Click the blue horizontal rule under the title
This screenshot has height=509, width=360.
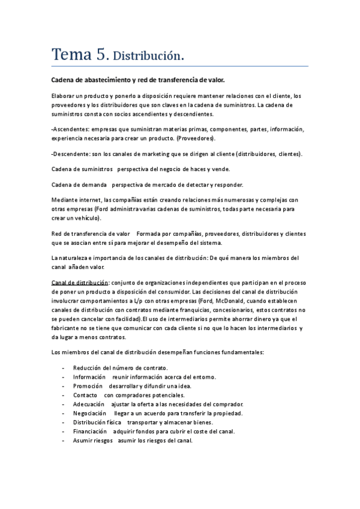[x=179, y=65]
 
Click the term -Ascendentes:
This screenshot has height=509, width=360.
[x=72, y=130]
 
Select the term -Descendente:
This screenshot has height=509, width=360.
[x=72, y=154]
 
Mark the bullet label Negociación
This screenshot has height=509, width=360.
[x=90, y=414]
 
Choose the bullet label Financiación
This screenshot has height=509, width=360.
[x=91, y=431]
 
